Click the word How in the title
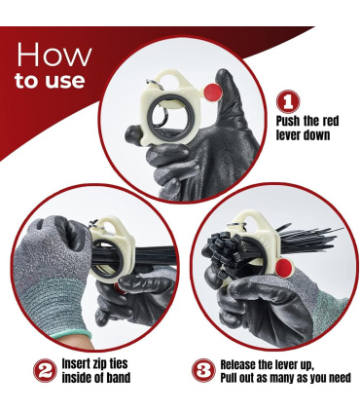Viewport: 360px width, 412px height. pos(54,55)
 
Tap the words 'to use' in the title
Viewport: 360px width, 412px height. pos(50,81)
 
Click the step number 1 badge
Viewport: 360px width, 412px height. pos(288,101)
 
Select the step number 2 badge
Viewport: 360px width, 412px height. pos(45,370)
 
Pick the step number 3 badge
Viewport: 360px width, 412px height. pos(203,370)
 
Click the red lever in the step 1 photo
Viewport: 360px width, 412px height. pos(213,92)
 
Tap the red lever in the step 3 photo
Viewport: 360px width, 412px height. pos(284,268)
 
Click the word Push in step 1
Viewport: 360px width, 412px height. pos(288,122)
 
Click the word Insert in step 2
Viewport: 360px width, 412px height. pos(77,363)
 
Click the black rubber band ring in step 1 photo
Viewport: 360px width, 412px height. pos(149,117)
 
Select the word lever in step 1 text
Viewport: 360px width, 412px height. pos(287,135)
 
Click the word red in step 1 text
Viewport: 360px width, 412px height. pos(330,122)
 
